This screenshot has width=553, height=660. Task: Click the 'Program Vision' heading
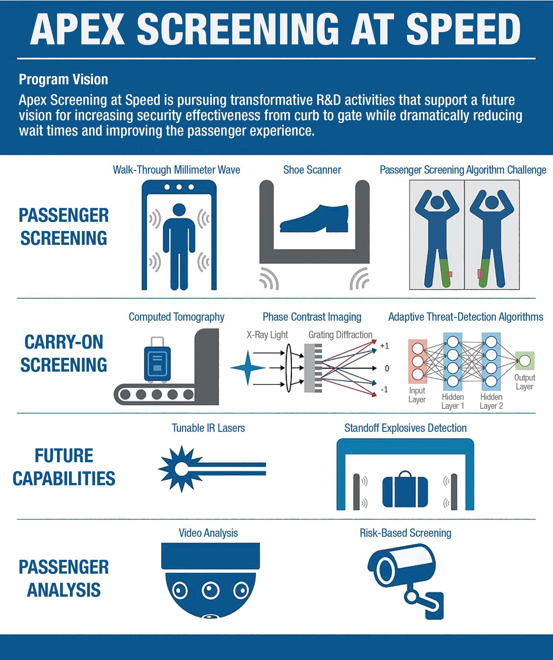pos(63,80)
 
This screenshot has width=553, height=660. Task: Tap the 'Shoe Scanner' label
pos(312,170)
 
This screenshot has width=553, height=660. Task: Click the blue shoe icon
pos(314,218)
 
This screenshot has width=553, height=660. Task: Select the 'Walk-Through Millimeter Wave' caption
pos(176,170)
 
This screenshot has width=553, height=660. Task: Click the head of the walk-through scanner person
pos(179,211)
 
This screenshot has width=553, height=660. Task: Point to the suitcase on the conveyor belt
pos(157,360)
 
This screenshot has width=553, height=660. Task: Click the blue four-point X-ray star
pos(248,368)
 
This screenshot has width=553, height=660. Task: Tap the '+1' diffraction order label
pos(384,346)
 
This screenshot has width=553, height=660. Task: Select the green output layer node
pos(525,361)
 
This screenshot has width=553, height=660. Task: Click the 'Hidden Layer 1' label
pos(453,401)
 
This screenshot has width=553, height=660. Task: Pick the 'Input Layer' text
pos(417,395)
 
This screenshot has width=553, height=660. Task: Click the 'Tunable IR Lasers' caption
pos(208,428)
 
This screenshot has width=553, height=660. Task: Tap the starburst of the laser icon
pos(180,469)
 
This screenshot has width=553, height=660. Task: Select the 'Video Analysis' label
pos(208,533)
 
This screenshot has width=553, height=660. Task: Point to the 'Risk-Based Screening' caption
pos(405,533)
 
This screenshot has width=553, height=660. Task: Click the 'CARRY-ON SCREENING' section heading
pos(64,353)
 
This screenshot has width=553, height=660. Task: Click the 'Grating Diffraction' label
pos(340,335)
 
